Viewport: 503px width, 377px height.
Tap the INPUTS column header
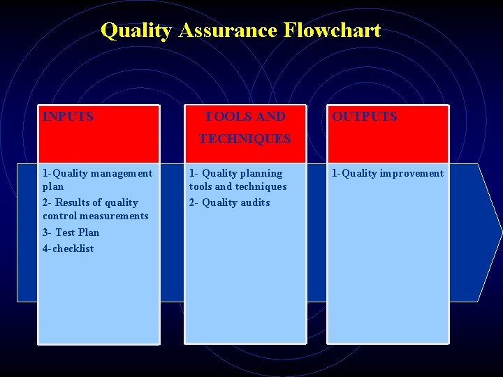pos(68,117)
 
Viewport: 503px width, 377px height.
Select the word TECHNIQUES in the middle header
pos(245,139)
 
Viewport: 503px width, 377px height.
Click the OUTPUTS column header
pos(364,117)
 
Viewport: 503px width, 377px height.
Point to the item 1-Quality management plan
pos(97,179)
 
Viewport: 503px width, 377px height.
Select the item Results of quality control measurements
pos(96,209)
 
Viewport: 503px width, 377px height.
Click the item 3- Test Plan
pos(71,232)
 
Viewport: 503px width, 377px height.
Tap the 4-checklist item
pos(68,249)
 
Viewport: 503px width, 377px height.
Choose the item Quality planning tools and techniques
pos(238,179)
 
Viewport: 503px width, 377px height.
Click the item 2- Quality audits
pos(229,202)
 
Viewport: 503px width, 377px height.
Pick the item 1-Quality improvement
pos(387,173)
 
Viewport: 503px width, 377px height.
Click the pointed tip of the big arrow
pos(500,232)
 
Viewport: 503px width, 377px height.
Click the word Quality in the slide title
pos(134,31)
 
